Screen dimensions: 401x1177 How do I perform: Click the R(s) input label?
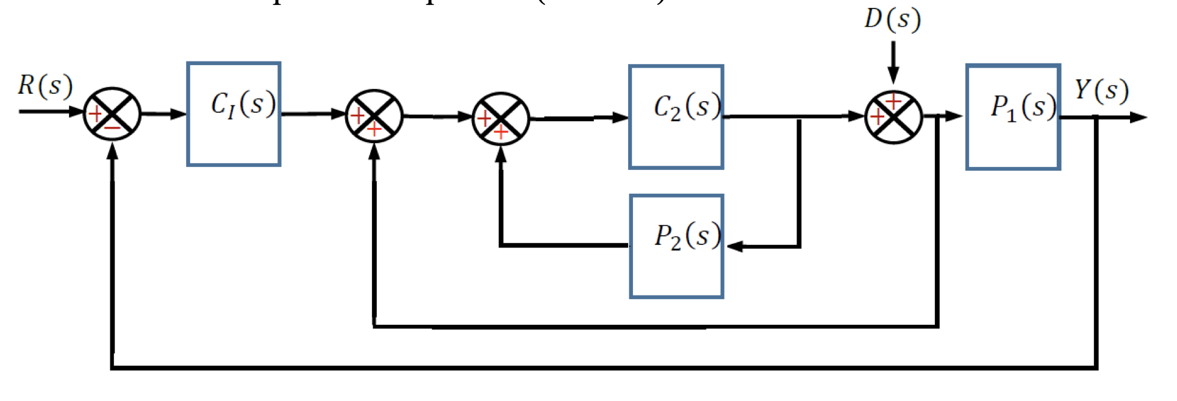45,86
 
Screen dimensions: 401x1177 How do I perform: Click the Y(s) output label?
1101,90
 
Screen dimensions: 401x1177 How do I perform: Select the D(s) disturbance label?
892,19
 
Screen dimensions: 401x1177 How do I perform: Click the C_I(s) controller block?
234,114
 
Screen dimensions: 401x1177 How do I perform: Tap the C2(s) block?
676,116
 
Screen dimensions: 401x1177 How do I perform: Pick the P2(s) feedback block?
676,246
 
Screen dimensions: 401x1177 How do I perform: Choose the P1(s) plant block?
1013,116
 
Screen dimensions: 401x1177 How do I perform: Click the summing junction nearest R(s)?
112,114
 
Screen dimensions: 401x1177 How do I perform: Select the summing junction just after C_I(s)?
374,116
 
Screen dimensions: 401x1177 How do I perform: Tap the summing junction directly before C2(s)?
501,119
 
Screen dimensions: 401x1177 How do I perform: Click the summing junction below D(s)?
893,117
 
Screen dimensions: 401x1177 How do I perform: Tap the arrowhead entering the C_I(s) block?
178,114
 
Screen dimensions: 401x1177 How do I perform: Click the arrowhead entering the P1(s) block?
954,116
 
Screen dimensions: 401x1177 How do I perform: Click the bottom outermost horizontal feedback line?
604,368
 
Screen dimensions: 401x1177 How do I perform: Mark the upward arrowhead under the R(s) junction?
112,152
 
